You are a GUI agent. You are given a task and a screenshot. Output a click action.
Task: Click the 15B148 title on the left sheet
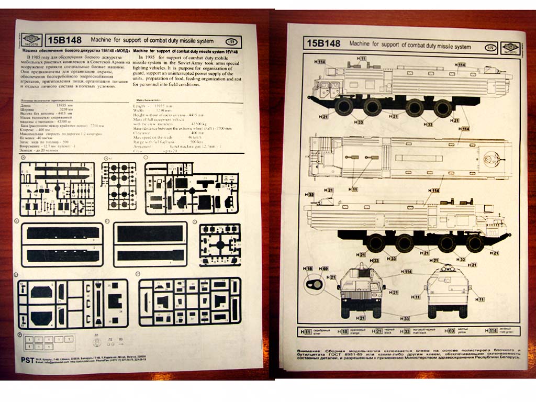click(x=63, y=40)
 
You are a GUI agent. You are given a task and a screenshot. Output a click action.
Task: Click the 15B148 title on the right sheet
click(x=323, y=43)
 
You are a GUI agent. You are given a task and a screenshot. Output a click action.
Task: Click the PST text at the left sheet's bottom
click(x=27, y=360)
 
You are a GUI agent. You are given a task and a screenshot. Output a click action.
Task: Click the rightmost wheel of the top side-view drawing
click(x=443, y=108)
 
